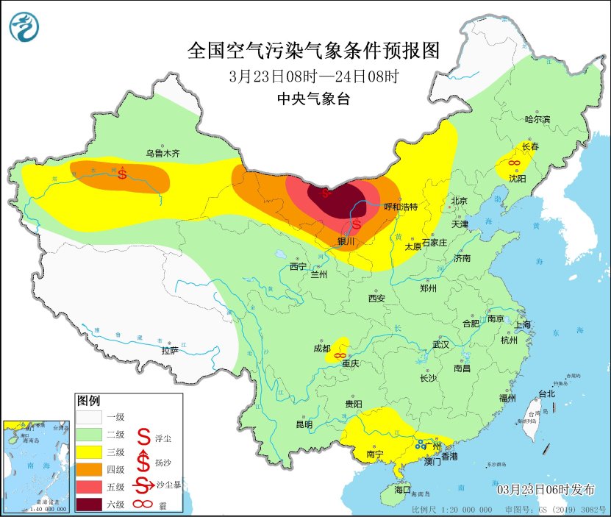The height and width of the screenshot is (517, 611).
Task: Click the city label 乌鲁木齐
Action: (x=162, y=154)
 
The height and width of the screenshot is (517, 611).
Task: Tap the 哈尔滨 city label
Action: (x=537, y=118)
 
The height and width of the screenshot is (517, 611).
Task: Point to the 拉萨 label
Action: (x=170, y=351)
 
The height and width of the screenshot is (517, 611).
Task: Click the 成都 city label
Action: (x=321, y=349)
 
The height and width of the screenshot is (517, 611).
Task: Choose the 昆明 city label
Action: (x=304, y=424)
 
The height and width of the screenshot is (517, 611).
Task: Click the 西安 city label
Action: (x=376, y=299)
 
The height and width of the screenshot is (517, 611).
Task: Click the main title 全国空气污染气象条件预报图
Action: (x=313, y=51)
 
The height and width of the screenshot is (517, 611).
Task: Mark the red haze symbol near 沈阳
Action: (x=515, y=163)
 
